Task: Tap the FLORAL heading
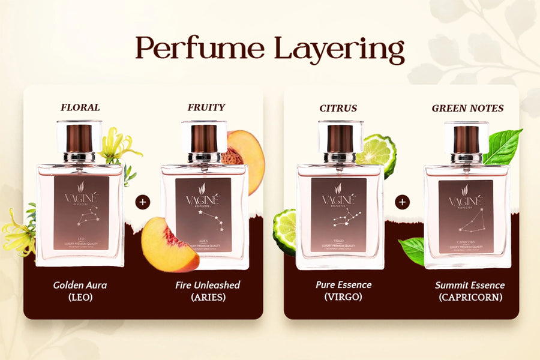[x=80, y=108]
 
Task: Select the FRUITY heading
[x=206, y=108]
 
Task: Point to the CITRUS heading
[x=338, y=109]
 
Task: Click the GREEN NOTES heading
[x=467, y=109]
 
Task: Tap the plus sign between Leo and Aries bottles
[x=142, y=202]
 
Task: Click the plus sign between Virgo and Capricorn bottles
[x=402, y=202]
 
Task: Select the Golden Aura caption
[x=79, y=285]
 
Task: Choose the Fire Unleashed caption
[x=208, y=285]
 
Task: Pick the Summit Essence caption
[x=470, y=285]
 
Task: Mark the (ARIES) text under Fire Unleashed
[x=208, y=297]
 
